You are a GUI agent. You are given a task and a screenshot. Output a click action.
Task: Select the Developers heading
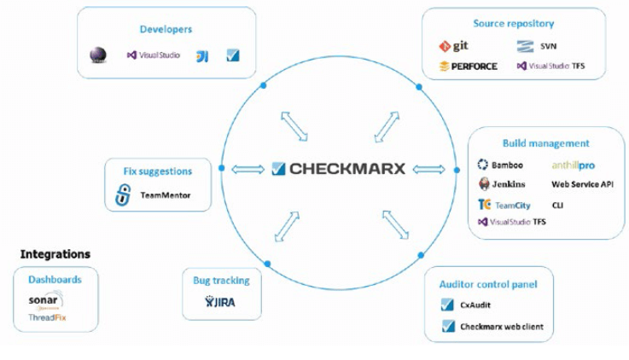click(166, 29)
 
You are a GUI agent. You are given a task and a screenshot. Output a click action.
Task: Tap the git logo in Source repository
click(454, 46)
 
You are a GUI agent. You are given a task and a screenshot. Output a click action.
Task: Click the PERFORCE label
click(468, 66)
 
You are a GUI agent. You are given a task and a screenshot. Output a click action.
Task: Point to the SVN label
click(549, 46)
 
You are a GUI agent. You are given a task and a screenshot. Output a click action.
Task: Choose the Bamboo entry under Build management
click(508, 165)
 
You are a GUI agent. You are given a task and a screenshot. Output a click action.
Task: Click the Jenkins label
click(508, 184)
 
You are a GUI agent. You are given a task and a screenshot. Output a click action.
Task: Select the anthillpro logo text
click(573, 165)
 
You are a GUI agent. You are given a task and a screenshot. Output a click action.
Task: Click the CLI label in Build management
click(558, 205)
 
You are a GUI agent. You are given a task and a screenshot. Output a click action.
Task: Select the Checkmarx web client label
click(501, 326)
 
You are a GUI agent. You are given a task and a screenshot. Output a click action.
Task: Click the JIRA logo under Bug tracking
click(221, 301)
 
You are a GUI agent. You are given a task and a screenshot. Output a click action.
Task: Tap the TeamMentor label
click(166, 195)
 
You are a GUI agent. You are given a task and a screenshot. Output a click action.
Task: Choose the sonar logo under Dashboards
click(45, 301)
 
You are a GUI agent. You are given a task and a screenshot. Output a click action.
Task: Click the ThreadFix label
click(47, 318)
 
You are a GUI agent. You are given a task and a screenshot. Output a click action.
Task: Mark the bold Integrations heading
click(55, 254)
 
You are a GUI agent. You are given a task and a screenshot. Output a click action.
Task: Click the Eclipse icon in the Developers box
click(98, 55)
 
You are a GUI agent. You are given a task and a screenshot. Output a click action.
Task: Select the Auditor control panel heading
click(487, 284)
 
